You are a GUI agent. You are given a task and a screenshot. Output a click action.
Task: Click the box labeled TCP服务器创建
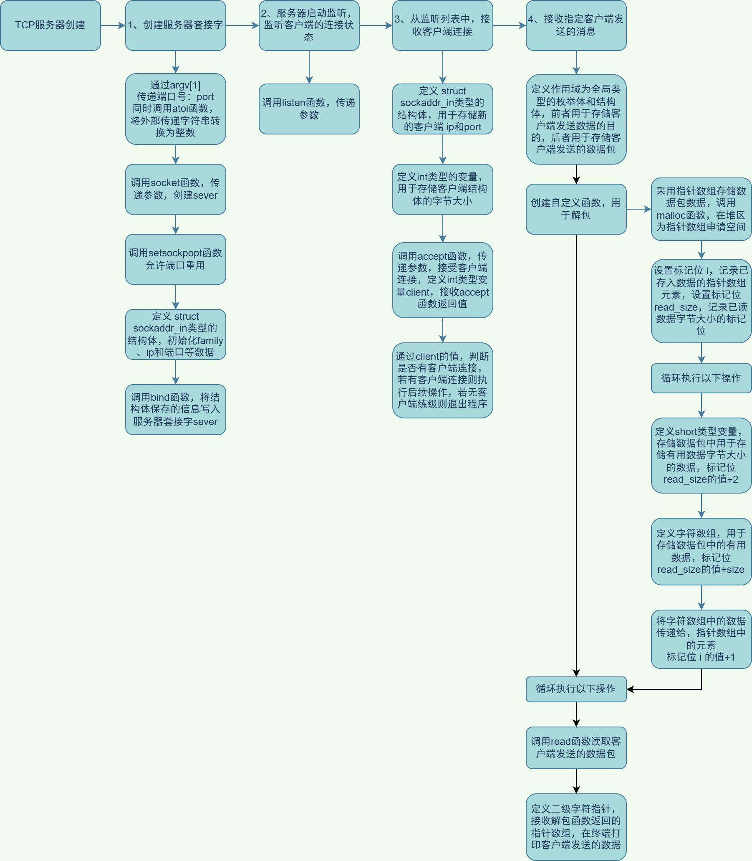click(x=50, y=25)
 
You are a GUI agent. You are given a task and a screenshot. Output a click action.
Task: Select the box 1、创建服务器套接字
click(x=175, y=25)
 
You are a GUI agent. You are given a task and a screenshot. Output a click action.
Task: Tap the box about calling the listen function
click(x=309, y=109)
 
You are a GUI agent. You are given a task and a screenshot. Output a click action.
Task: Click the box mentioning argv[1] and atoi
click(x=175, y=109)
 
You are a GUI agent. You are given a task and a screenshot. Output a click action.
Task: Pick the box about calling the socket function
click(x=175, y=189)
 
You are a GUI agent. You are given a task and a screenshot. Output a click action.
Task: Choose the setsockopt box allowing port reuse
click(x=175, y=259)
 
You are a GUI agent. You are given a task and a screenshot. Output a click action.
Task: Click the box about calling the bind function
click(x=175, y=409)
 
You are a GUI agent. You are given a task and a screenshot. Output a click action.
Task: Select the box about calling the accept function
click(x=442, y=280)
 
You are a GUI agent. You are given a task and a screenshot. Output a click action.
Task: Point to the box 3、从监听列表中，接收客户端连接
click(x=442, y=25)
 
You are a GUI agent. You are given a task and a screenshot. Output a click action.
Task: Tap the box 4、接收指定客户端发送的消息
click(x=576, y=25)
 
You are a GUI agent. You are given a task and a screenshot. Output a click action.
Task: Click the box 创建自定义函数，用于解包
click(x=576, y=209)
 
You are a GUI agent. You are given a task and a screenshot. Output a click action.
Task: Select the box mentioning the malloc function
click(x=701, y=209)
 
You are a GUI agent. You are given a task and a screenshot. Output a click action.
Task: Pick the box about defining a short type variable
click(x=701, y=455)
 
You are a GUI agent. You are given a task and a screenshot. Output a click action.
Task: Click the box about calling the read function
click(x=576, y=748)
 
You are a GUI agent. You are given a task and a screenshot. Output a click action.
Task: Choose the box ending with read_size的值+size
click(x=701, y=551)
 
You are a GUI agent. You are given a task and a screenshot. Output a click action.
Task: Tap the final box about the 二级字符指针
click(x=576, y=827)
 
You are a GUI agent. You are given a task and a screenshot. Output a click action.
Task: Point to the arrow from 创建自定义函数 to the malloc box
click(x=638, y=209)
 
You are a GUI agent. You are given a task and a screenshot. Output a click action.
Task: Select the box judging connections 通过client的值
click(x=442, y=380)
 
